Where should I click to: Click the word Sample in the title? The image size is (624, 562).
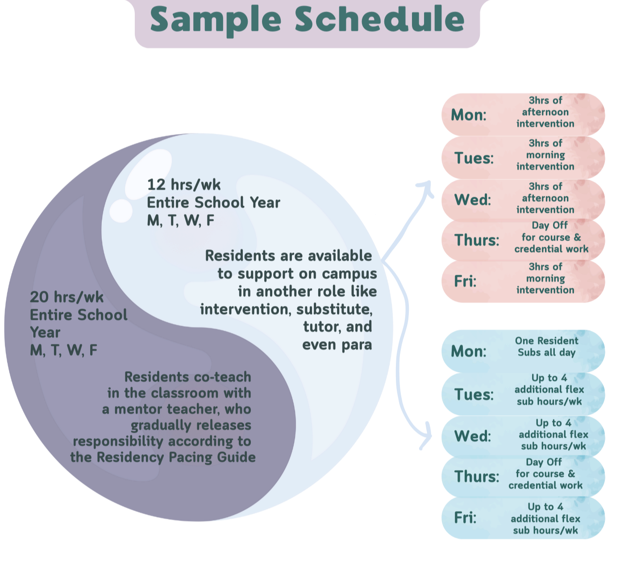click(x=216, y=20)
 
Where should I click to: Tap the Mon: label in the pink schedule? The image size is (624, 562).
click(x=468, y=115)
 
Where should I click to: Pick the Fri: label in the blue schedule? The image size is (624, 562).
click(x=465, y=518)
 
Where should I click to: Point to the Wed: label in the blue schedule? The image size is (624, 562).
click(x=472, y=436)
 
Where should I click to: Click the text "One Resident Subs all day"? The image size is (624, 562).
click(x=546, y=347)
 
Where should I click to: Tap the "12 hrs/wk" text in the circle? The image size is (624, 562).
click(x=184, y=185)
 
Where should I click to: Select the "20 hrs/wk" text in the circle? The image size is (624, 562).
click(x=67, y=297)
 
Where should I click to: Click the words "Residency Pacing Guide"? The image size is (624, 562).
click(x=176, y=457)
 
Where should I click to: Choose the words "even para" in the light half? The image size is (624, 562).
click(x=337, y=345)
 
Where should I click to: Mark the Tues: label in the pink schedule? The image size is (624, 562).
click(x=474, y=158)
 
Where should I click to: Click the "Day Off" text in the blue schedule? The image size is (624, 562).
click(x=544, y=462)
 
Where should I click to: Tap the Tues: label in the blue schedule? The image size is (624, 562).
click(x=474, y=395)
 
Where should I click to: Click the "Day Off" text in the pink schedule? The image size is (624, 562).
click(x=549, y=225)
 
